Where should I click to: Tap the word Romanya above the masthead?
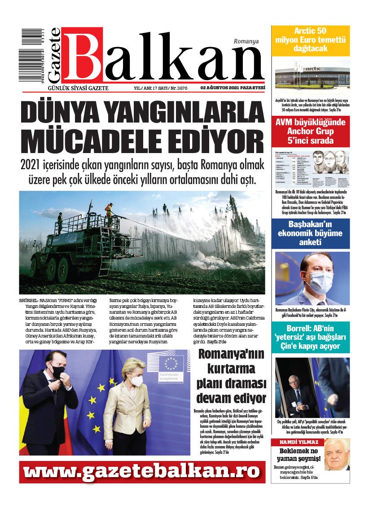246,41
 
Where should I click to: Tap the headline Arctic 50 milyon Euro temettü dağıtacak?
310,39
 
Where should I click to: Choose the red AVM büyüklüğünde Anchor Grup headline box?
310,130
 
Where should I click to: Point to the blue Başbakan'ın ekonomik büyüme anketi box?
310,234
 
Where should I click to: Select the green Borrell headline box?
310,340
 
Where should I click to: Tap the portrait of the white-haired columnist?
335,454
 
